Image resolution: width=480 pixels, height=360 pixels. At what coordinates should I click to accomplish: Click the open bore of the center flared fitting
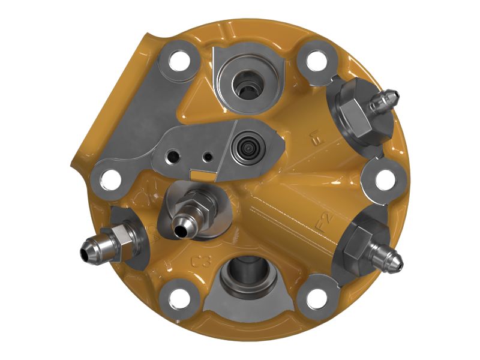[x=178, y=226]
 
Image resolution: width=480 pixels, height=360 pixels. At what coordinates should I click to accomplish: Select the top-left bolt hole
[x=178, y=61]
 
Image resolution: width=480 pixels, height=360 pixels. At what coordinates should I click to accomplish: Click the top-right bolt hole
[x=314, y=61]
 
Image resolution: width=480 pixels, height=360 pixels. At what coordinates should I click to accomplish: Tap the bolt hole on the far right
[x=384, y=179]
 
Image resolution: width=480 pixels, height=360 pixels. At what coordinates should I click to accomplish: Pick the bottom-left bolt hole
[x=178, y=298]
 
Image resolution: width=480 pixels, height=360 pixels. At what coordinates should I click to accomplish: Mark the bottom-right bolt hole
[x=314, y=298]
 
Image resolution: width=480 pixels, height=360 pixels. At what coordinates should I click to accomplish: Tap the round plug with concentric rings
[x=246, y=146]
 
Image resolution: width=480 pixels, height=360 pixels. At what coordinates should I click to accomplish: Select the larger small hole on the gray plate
[x=173, y=155]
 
